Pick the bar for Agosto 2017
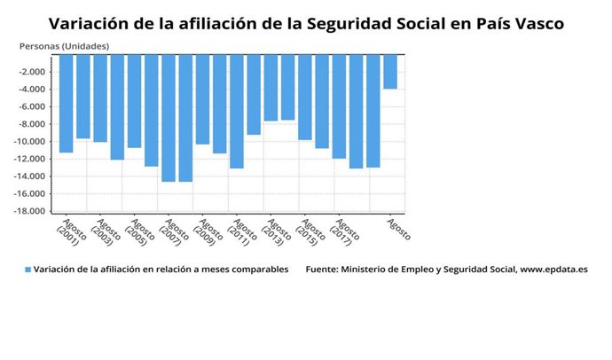pyautogui.click(x=339, y=106)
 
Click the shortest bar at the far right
pyautogui.click(x=390, y=72)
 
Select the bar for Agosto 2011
pyautogui.click(x=237, y=111)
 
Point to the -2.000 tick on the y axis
pyautogui.click(x=34, y=72)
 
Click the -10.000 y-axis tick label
pyautogui.click(x=32, y=142)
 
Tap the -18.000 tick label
pyautogui.click(x=32, y=212)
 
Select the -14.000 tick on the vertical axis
pyautogui.click(x=32, y=176)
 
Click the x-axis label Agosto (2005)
pyautogui.click(x=137, y=232)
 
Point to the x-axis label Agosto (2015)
pyautogui.click(x=309, y=232)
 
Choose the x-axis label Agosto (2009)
pyautogui.click(x=206, y=232)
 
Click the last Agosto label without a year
pyautogui.click(x=398, y=230)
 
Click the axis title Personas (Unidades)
pyautogui.click(x=65, y=44)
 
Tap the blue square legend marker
pyautogui.click(x=27, y=270)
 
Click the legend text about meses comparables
pyautogui.click(x=161, y=270)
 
